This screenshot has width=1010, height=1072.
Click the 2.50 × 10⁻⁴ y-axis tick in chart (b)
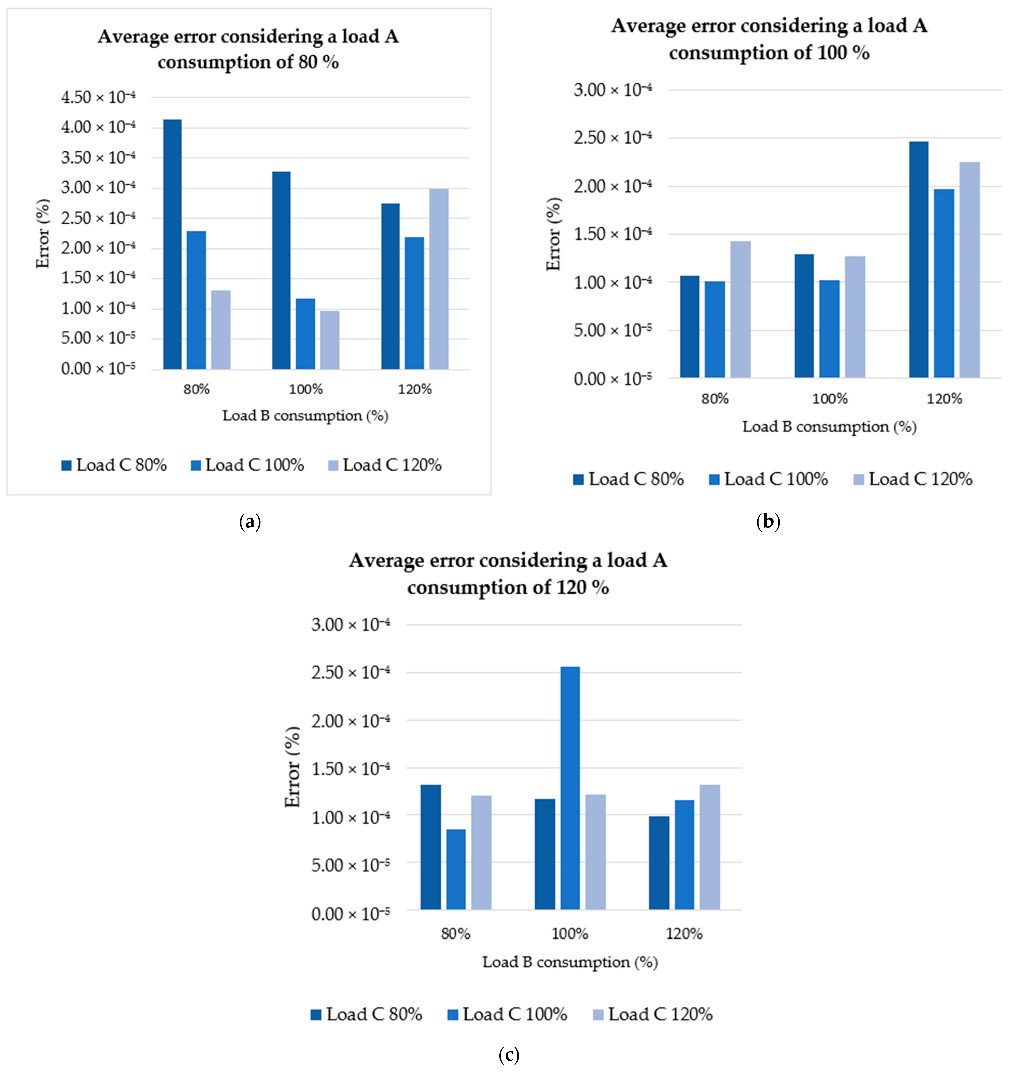click(x=613, y=138)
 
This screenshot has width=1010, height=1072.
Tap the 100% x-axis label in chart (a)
click(x=306, y=389)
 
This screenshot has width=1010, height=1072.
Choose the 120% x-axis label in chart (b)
click(x=944, y=399)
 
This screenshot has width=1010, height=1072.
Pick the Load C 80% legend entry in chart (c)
click(x=367, y=1014)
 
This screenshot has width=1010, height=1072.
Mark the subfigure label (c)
click(x=509, y=1054)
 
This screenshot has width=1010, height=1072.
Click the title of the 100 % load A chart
click(x=769, y=39)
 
